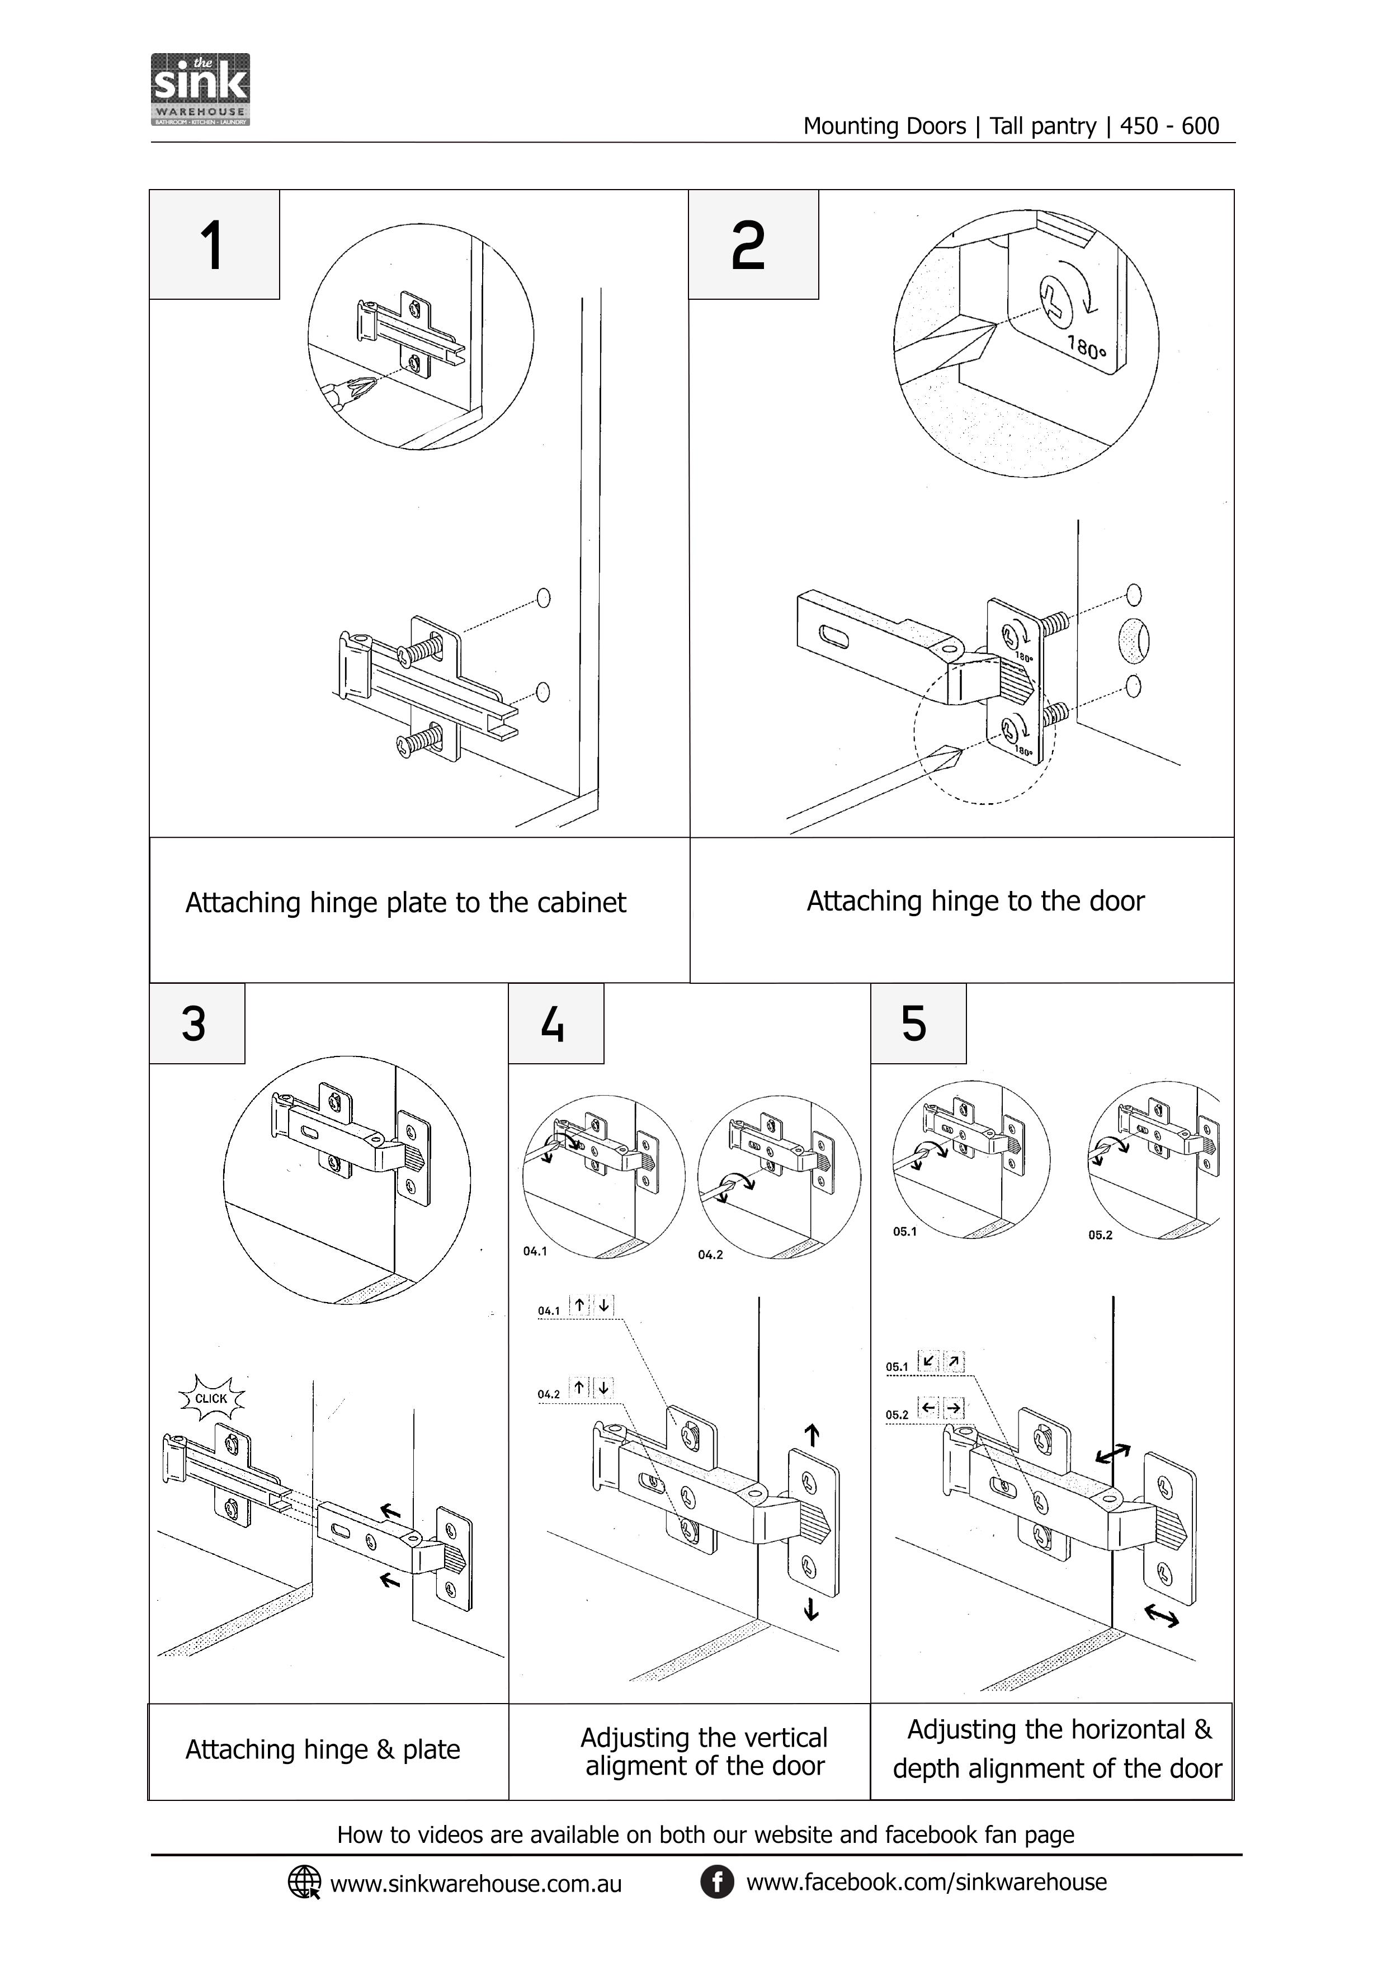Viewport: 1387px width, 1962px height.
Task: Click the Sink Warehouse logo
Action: pos(200,89)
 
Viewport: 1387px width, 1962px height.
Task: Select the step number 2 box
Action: pos(752,245)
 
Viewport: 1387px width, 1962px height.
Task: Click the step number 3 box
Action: pos(196,1023)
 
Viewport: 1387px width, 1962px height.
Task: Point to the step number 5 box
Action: pos(917,1023)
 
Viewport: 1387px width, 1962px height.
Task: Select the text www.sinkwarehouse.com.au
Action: pos(476,1883)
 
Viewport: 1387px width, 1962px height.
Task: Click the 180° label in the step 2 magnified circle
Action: pos(1086,348)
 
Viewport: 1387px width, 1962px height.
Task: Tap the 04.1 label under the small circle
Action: pos(535,1251)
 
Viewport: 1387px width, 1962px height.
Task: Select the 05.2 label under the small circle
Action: pos(1100,1235)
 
